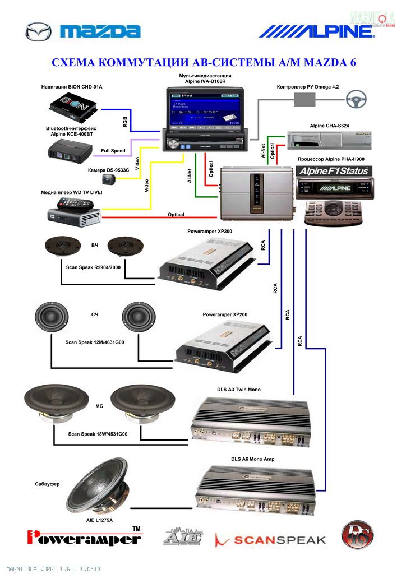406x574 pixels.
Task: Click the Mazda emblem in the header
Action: [38, 31]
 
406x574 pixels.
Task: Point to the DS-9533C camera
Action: [108, 179]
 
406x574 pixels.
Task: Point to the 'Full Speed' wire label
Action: [113, 151]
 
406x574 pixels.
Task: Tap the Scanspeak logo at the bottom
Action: [270, 540]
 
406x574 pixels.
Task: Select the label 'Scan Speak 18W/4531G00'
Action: [98, 434]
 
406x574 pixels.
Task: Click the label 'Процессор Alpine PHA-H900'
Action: [330, 159]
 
